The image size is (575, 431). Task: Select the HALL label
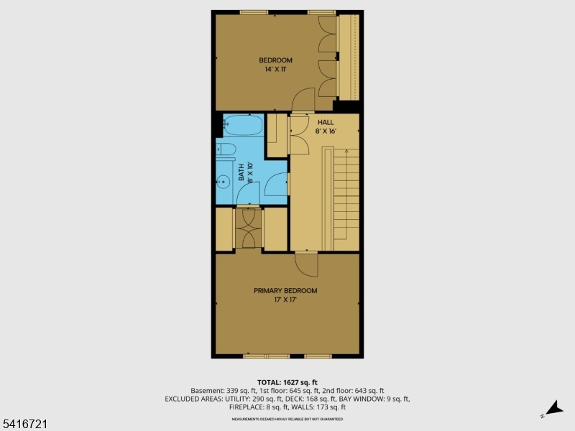(326, 122)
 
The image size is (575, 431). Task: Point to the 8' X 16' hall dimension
(326, 131)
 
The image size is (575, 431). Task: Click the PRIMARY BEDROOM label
(285, 290)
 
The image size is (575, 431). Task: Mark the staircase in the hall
(344, 194)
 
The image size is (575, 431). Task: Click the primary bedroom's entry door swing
(308, 265)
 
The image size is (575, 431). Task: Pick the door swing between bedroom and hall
(303, 100)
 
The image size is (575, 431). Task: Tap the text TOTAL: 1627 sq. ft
(287, 382)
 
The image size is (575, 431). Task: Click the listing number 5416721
(24, 425)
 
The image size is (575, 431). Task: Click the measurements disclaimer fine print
(287, 418)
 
